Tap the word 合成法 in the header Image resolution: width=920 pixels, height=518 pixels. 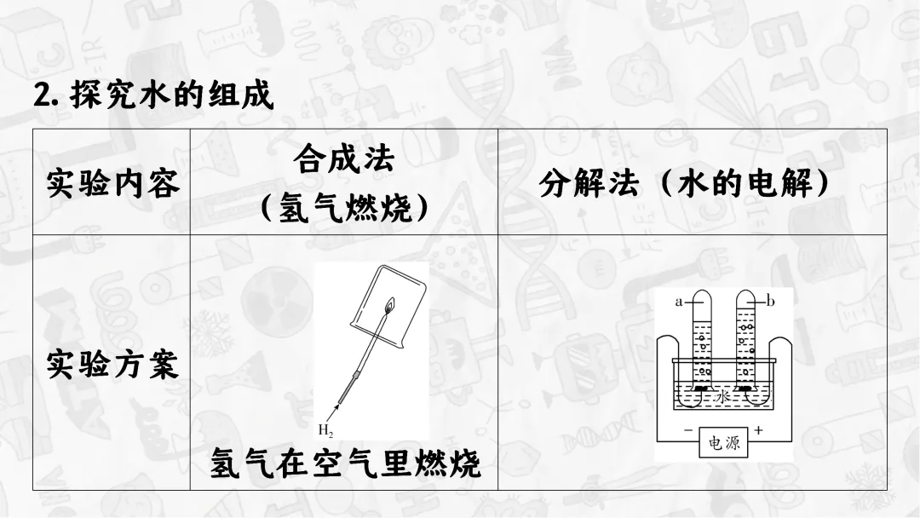click(343, 158)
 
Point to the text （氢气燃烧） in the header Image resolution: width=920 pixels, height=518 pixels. click(343, 207)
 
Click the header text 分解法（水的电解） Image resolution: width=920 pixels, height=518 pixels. click(685, 183)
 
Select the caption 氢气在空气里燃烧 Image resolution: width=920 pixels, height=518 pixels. click(345, 464)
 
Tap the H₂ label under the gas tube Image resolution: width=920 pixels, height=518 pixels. click(325, 428)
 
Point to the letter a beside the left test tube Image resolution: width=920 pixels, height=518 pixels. click(680, 301)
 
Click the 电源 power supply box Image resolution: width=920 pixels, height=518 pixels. click(723, 443)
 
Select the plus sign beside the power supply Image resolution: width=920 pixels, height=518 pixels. click(758, 431)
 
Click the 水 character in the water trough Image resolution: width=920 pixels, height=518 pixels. click(723, 397)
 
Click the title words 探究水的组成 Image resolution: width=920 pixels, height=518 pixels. click(172, 95)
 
